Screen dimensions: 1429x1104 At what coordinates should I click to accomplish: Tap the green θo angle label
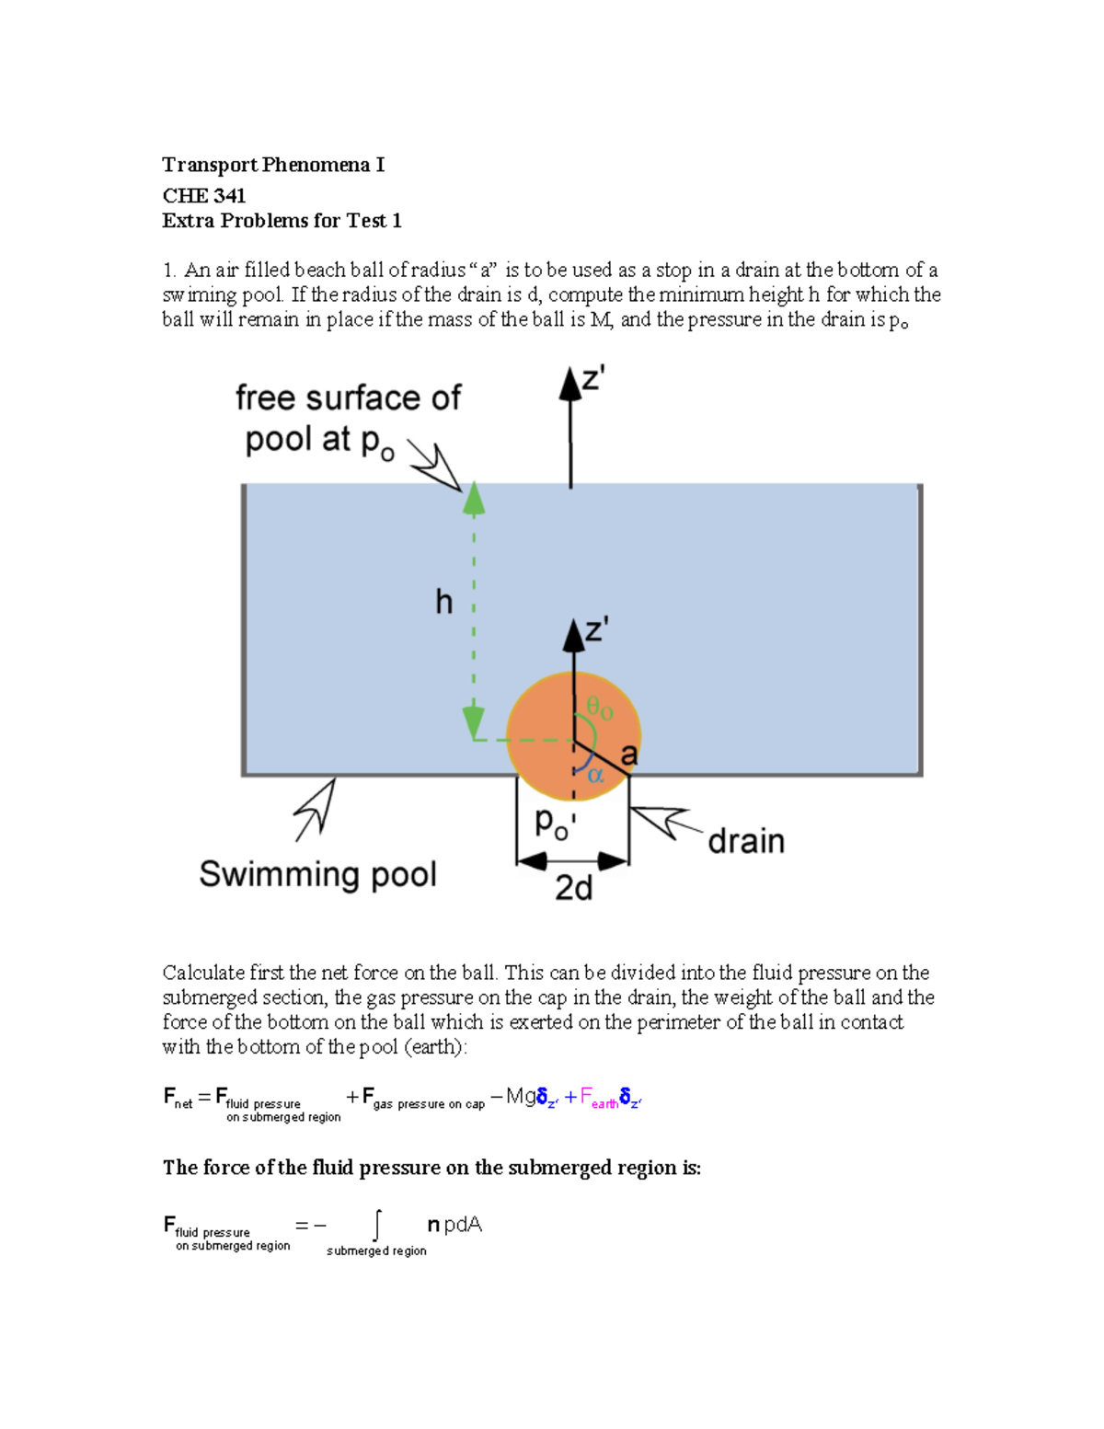[x=600, y=709]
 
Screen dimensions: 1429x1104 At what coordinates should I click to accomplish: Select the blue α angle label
[x=595, y=775]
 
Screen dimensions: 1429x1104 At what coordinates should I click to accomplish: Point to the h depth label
[x=443, y=603]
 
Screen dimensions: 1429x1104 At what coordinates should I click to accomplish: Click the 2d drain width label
[x=573, y=888]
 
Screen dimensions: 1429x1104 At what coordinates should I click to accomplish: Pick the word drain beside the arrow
[x=746, y=841]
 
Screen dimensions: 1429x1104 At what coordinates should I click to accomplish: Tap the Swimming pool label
[x=317, y=874]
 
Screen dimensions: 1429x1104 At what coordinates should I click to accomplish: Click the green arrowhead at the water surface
[x=473, y=498]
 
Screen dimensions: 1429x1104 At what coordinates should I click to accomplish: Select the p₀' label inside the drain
[x=556, y=824]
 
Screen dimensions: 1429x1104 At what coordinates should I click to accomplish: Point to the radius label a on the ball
[x=629, y=755]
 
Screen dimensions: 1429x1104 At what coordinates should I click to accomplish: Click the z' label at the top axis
[x=592, y=379]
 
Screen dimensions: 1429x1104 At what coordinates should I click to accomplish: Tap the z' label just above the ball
[x=596, y=630]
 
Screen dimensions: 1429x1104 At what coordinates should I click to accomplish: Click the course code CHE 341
[x=203, y=195]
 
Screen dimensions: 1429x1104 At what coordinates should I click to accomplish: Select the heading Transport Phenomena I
[x=273, y=165]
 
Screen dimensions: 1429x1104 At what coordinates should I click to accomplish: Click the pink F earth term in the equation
[x=599, y=1098]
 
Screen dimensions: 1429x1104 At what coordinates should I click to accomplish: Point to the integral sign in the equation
[x=376, y=1226]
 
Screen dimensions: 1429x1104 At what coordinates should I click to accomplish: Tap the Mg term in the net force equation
[x=521, y=1096]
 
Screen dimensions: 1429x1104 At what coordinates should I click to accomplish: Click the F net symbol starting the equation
[x=178, y=1097]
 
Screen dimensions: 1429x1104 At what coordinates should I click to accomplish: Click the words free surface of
[x=348, y=398]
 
